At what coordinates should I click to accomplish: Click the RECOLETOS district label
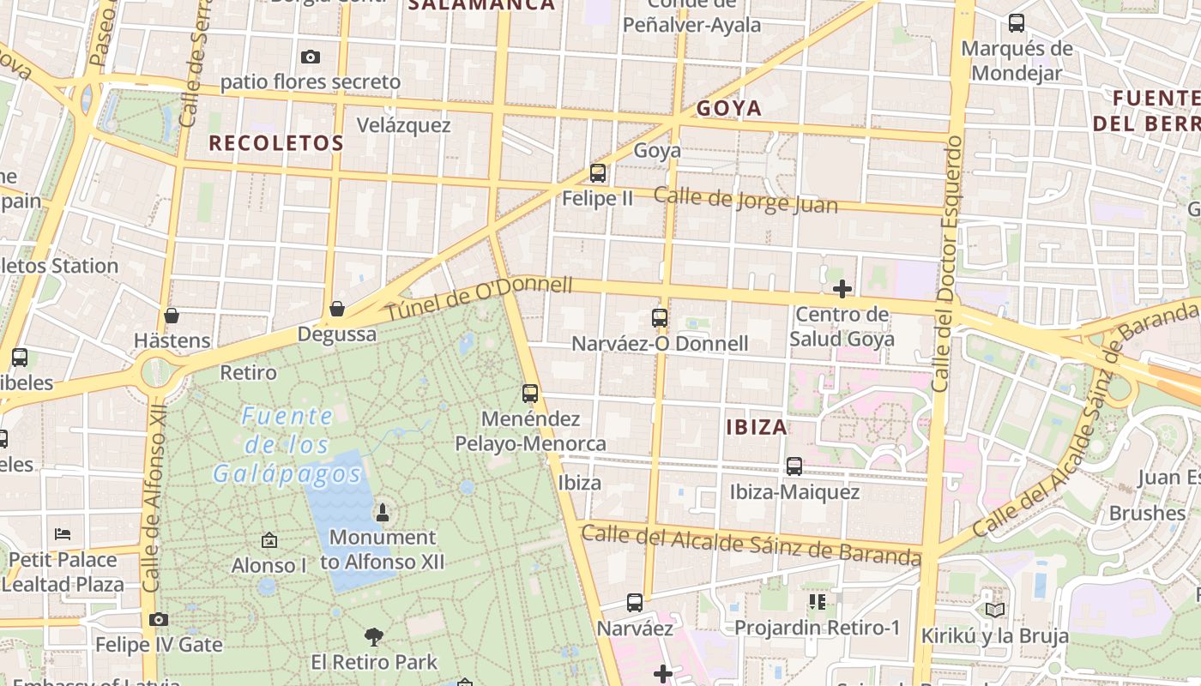pos(276,143)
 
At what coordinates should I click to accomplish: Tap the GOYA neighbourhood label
pos(729,108)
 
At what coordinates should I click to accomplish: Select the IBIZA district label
pos(757,427)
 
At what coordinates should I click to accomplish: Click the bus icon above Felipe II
pos(598,173)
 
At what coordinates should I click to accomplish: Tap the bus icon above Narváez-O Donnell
pos(660,318)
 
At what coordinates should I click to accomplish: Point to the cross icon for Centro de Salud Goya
pos(842,289)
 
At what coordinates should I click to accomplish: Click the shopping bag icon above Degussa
pos(337,309)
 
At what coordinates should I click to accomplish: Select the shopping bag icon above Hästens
pos(172,316)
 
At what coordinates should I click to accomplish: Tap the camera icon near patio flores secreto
pos(311,57)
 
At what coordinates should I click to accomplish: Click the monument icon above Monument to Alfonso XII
pos(383,513)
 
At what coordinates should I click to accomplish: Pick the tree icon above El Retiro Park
pos(373,636)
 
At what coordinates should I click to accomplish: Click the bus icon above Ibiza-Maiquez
pos(794,466)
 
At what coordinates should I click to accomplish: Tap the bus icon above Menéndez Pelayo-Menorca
pos(530,394)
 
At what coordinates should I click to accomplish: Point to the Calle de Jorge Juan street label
pos(745,201)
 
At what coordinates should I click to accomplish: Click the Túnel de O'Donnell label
pos(478,299)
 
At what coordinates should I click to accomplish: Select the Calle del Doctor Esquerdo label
pos(945,263)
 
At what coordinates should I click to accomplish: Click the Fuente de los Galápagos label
pos(287,445)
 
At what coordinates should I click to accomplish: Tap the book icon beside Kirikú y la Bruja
pos(995,610)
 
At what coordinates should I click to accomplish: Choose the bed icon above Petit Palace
pos(63,533)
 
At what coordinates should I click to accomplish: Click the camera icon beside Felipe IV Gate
pos(158,619)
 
